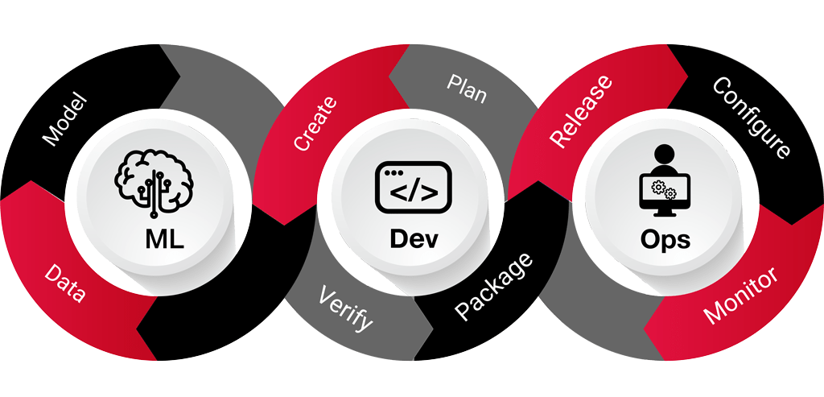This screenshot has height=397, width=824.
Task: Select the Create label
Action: [x=315, y=124]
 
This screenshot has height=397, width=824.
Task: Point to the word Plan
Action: [x=467, y=88]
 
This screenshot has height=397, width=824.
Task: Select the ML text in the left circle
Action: [x=165, y=239]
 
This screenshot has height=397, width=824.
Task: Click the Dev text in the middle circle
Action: [x=414, y=239]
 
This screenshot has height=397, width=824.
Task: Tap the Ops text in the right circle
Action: [x=665, y=239]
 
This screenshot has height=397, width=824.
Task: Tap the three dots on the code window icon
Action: [x=393, y=173]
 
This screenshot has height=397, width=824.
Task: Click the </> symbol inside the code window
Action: [x=414, y=194]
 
